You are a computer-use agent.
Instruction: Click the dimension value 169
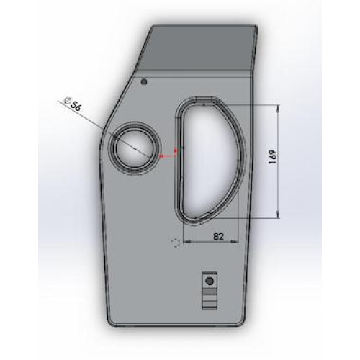[x=273, y=157]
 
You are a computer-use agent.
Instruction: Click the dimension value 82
[x=218, y=236]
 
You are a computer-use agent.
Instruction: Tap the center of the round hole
[x=134, y=149]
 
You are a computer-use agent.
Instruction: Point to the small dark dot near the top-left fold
[x=144, y=82]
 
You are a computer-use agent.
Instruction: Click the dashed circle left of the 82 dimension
[x=176, y=243]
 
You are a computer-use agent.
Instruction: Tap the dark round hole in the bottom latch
[x=210, y=281]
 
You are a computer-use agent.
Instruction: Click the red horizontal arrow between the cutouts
[x=168, y=156]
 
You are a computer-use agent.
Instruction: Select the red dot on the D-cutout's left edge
[x=176, y=150]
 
